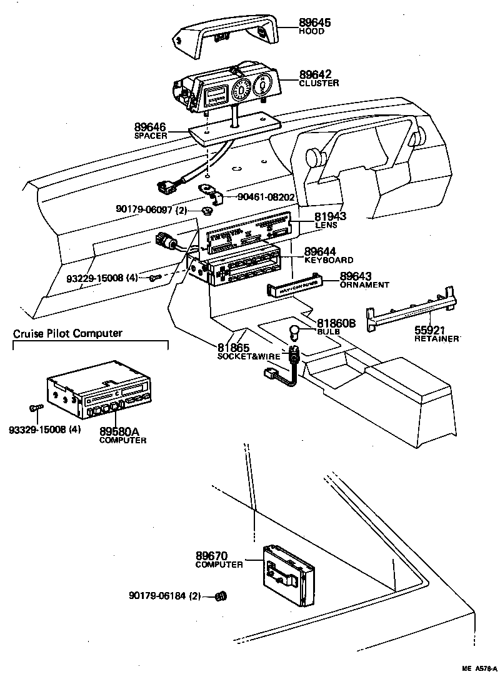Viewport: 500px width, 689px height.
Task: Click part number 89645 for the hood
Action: [x=314, y=23]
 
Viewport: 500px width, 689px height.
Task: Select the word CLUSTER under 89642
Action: [x=319, y=83]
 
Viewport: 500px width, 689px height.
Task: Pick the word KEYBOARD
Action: [x=329, y=260]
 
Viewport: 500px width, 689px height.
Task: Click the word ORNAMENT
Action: [x=364, y=284]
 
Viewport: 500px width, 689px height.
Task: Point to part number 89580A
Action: [x=122, y=431]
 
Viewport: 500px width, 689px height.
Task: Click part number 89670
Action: [x=211, y=555]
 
